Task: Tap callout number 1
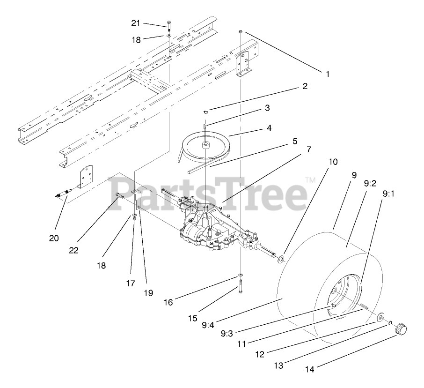328,74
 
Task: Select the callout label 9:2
370,184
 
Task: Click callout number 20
54,238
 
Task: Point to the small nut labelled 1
240,31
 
